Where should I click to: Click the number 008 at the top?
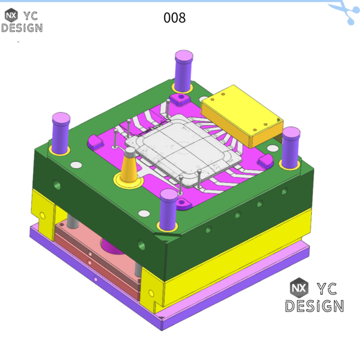click(x=174, y=17)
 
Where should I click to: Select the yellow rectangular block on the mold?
click(x=242, y=114)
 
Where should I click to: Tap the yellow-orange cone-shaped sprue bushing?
click(x=129, y=167)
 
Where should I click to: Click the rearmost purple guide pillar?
click(x=183, y=70)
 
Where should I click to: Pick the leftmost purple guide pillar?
click(x=61, y=133)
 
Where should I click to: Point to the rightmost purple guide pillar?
click(x=291, y=147)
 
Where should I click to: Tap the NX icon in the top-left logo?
click(x=11, y=16)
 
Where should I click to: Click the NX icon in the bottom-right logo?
click(x=299, y=288)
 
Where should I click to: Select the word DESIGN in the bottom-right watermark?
click(x=314, y=306)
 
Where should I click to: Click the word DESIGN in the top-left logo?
click(x=22, y=28)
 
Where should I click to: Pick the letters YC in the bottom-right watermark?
click(x=326, y=289)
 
